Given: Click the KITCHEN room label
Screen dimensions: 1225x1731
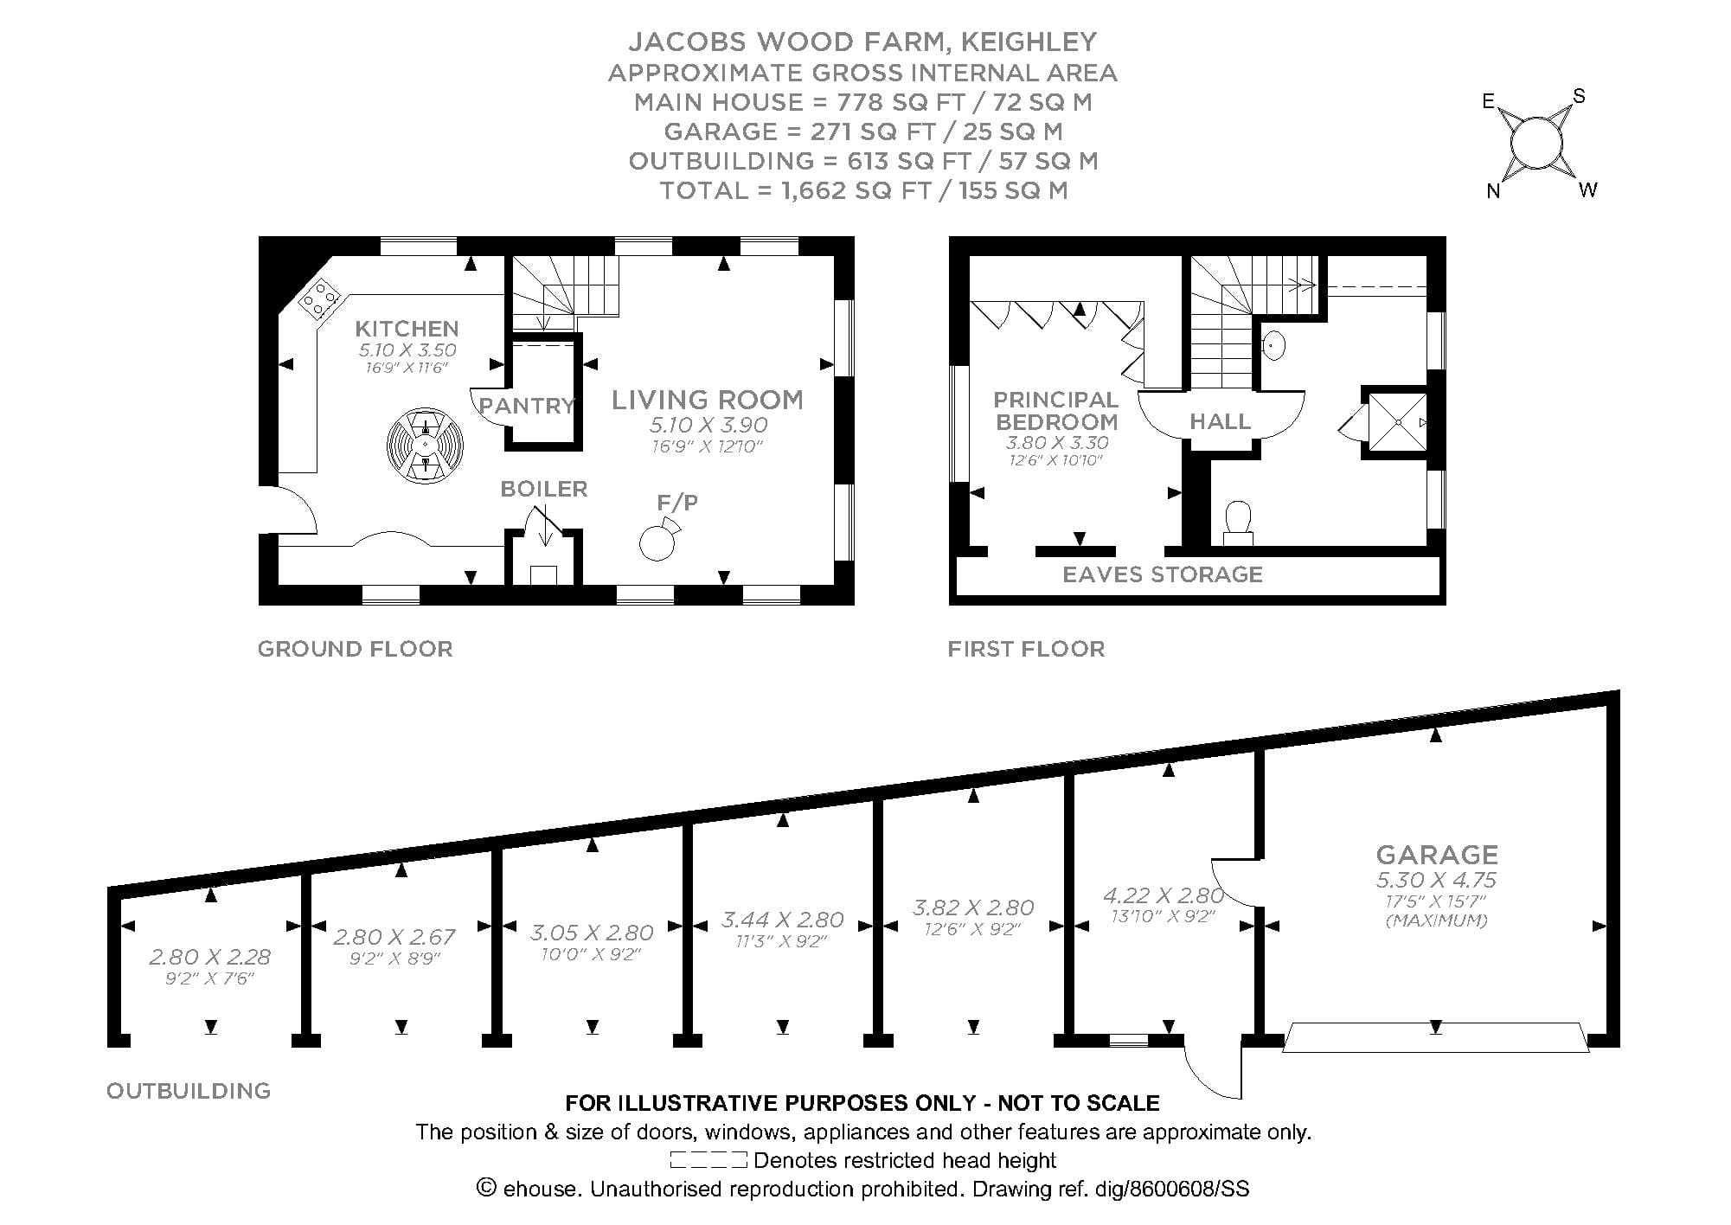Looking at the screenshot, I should click(x=407, y=329).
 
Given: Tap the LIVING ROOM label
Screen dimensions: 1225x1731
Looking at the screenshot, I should click(x=708, y=400).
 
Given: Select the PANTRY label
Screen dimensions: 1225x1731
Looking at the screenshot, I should click(x=526, y=406).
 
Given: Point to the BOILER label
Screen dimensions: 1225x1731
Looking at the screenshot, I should click(x=544, y=489).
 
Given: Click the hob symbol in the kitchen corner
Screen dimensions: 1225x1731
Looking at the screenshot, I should click(x=318, y=298).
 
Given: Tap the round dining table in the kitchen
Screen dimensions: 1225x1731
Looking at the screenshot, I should click(x=425, y=445).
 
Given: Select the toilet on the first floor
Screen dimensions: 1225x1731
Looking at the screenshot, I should click(x=1239, y=522).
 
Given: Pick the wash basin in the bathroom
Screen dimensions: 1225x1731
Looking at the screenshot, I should click(x=1273, y=345).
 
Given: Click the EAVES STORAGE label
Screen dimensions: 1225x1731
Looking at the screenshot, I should click(x=1162, y=574).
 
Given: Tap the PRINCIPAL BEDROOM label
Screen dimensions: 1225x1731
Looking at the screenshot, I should click(x=1055, y=411).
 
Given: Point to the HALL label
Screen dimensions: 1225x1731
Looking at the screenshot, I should click(x=1220, y=421).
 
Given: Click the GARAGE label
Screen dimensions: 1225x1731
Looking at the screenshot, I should click(x=1437, y=855).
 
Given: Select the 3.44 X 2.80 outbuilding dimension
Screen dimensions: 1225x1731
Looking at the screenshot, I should click(x=782, y=920).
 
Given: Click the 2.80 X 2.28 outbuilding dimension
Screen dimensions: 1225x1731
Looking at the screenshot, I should click(x=209, y=957).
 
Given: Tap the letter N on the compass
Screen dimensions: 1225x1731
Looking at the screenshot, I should click(x=1493, y=192).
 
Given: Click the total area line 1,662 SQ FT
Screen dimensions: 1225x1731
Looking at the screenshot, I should click(x=863, y=190).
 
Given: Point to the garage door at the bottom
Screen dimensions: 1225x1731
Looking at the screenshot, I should click(x=1436, y=1038).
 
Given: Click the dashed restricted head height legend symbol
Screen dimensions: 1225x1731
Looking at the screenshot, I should click(x=708, y=1160).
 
